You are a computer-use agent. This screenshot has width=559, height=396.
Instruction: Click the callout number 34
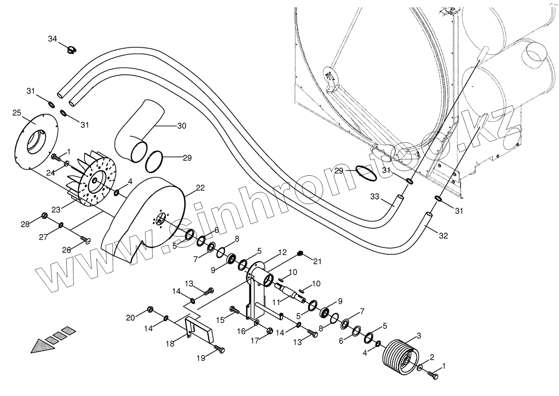click(x=53, y=39)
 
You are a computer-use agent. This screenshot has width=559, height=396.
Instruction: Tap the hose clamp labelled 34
click(x=71, y=50)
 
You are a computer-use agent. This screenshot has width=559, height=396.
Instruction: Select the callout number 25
click(x=17, y=113)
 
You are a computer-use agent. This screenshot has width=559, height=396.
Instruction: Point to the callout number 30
click(x=182, y=126)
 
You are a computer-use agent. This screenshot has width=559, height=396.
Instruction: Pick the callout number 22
click(x=200, y=188)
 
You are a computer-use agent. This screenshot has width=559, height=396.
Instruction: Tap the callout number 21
click(x=318, y=261)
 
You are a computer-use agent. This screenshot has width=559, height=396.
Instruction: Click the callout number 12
click(x=282, y=252)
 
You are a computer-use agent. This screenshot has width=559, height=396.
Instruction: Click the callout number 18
click(x=170, y=344)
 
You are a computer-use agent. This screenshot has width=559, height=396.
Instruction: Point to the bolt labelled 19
click(x=219, y=350)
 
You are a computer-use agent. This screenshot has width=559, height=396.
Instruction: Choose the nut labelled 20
click(x=150, y=309)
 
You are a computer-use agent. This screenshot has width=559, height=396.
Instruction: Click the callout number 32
click(x=443, y=236)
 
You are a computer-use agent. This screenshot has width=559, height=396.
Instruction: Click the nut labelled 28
click(x=44, y=216)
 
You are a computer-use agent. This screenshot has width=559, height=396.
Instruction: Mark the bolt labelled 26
click(x=85, y=239)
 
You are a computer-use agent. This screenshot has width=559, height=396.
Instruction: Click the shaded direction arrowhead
click(x=41, y=345)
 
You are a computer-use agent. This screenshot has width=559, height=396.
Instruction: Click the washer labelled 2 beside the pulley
click(x=420, y=368)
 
